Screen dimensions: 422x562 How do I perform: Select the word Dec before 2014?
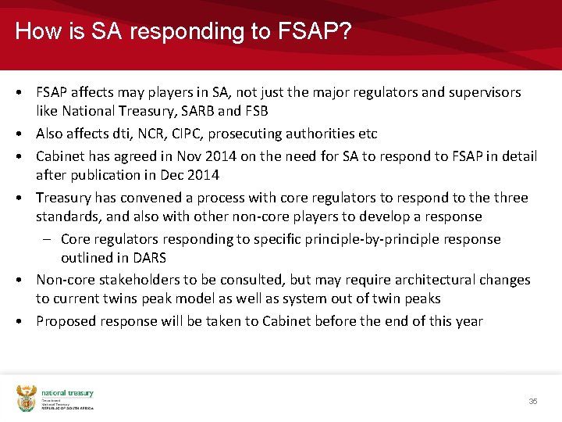pos(176,175)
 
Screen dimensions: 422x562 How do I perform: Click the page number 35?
pos(533,401)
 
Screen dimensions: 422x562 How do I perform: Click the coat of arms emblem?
pos(27,398)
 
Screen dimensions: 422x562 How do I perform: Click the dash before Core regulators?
pos(49,239)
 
